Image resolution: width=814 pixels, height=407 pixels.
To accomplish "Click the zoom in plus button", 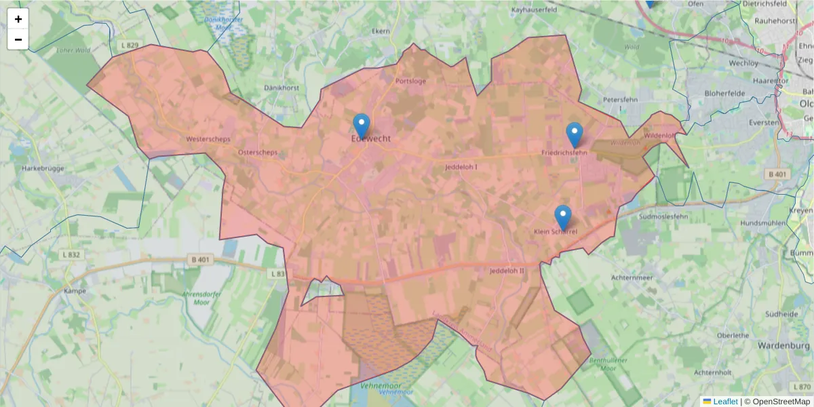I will click(x=18, y=19).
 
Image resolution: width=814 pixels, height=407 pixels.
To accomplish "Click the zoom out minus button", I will click(x=18, y=39).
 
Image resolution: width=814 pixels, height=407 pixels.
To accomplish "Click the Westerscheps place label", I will click(x=208, y=139).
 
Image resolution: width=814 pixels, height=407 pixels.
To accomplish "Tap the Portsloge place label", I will click(x=410, y=81).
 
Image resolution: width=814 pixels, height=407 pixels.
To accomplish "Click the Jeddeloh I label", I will click(x=461, y=167).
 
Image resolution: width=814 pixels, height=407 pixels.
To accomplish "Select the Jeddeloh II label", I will click(x=507, y=271).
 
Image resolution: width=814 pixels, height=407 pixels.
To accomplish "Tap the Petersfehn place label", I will click(x=621, y=100).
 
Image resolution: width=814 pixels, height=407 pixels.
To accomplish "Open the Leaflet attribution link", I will click(x=724, y=402).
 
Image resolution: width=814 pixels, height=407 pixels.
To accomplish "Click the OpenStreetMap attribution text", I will click(x=781, y=402).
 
